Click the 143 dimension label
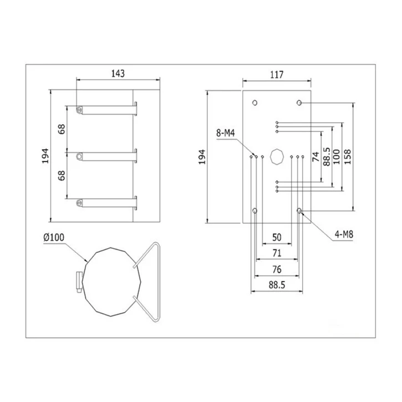(118, 73)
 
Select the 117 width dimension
(277, 74)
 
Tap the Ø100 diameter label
(54, 237)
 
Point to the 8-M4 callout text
(227, 133)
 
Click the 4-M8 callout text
(344, 234)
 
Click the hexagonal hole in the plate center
(276, 157)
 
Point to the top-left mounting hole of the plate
(255, 103)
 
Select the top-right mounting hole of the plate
(299, 103)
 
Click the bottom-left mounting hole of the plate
(255, 211)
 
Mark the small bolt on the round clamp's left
(79, 281)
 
